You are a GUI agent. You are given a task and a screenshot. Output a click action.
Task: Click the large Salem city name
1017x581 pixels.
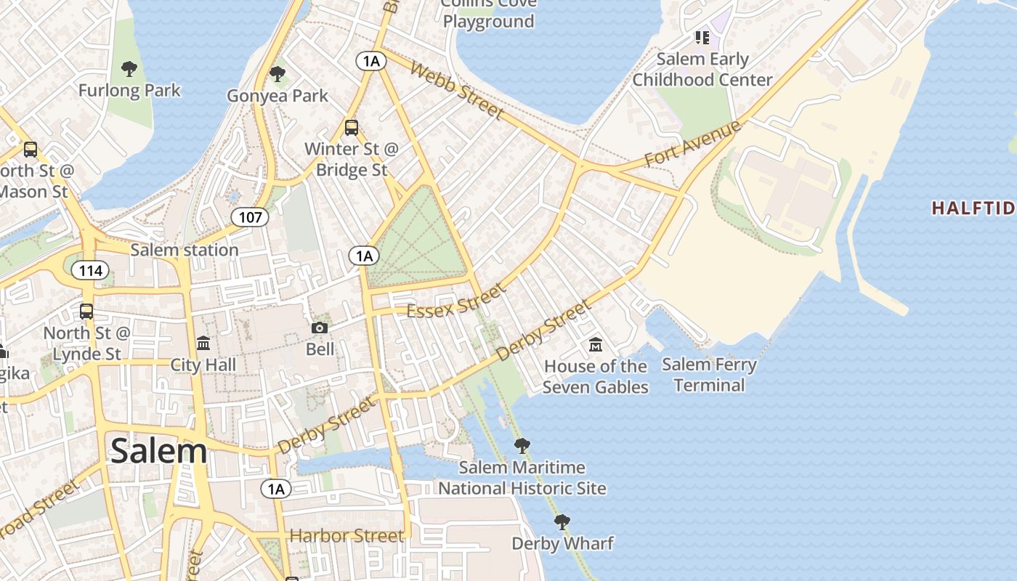point(158,452)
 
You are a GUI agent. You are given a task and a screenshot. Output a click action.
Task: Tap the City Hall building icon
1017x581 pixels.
point(203,343)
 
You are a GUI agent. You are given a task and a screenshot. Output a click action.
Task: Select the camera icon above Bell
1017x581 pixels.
point(320,328)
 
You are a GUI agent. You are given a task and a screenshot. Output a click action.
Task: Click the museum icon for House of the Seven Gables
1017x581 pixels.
point(596,344)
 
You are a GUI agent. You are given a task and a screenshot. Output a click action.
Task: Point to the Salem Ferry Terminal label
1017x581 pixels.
point(709,375)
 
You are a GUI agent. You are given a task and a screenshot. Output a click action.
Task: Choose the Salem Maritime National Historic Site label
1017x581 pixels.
point(522,478)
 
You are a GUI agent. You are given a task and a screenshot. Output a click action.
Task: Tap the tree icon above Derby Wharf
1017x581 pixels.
point(562,521)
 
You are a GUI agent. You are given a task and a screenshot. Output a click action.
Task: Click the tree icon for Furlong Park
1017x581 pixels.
point(129,69)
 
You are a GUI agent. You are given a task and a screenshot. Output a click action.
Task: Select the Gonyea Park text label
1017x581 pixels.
point(277,96)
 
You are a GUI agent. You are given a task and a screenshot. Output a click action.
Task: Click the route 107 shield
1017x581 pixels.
point(250,216)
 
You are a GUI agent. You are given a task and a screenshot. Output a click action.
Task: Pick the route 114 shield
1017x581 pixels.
point(90,271)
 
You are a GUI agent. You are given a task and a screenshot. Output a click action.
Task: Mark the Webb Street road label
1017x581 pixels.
point(456,90)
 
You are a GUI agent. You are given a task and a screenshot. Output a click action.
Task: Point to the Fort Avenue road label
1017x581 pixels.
point(693,143)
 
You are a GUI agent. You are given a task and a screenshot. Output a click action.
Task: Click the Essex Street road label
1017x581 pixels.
point(456,301)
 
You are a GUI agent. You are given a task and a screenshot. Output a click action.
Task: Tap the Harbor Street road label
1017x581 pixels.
point(347,537)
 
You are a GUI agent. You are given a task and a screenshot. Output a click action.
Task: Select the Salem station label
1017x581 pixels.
point(185,250)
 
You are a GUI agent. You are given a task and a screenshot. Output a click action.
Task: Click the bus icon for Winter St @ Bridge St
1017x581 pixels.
point(352,128)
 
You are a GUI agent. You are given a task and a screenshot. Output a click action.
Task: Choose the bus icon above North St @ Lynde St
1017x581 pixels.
point(86,312)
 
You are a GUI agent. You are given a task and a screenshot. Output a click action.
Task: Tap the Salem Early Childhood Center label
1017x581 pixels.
point(702,69)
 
